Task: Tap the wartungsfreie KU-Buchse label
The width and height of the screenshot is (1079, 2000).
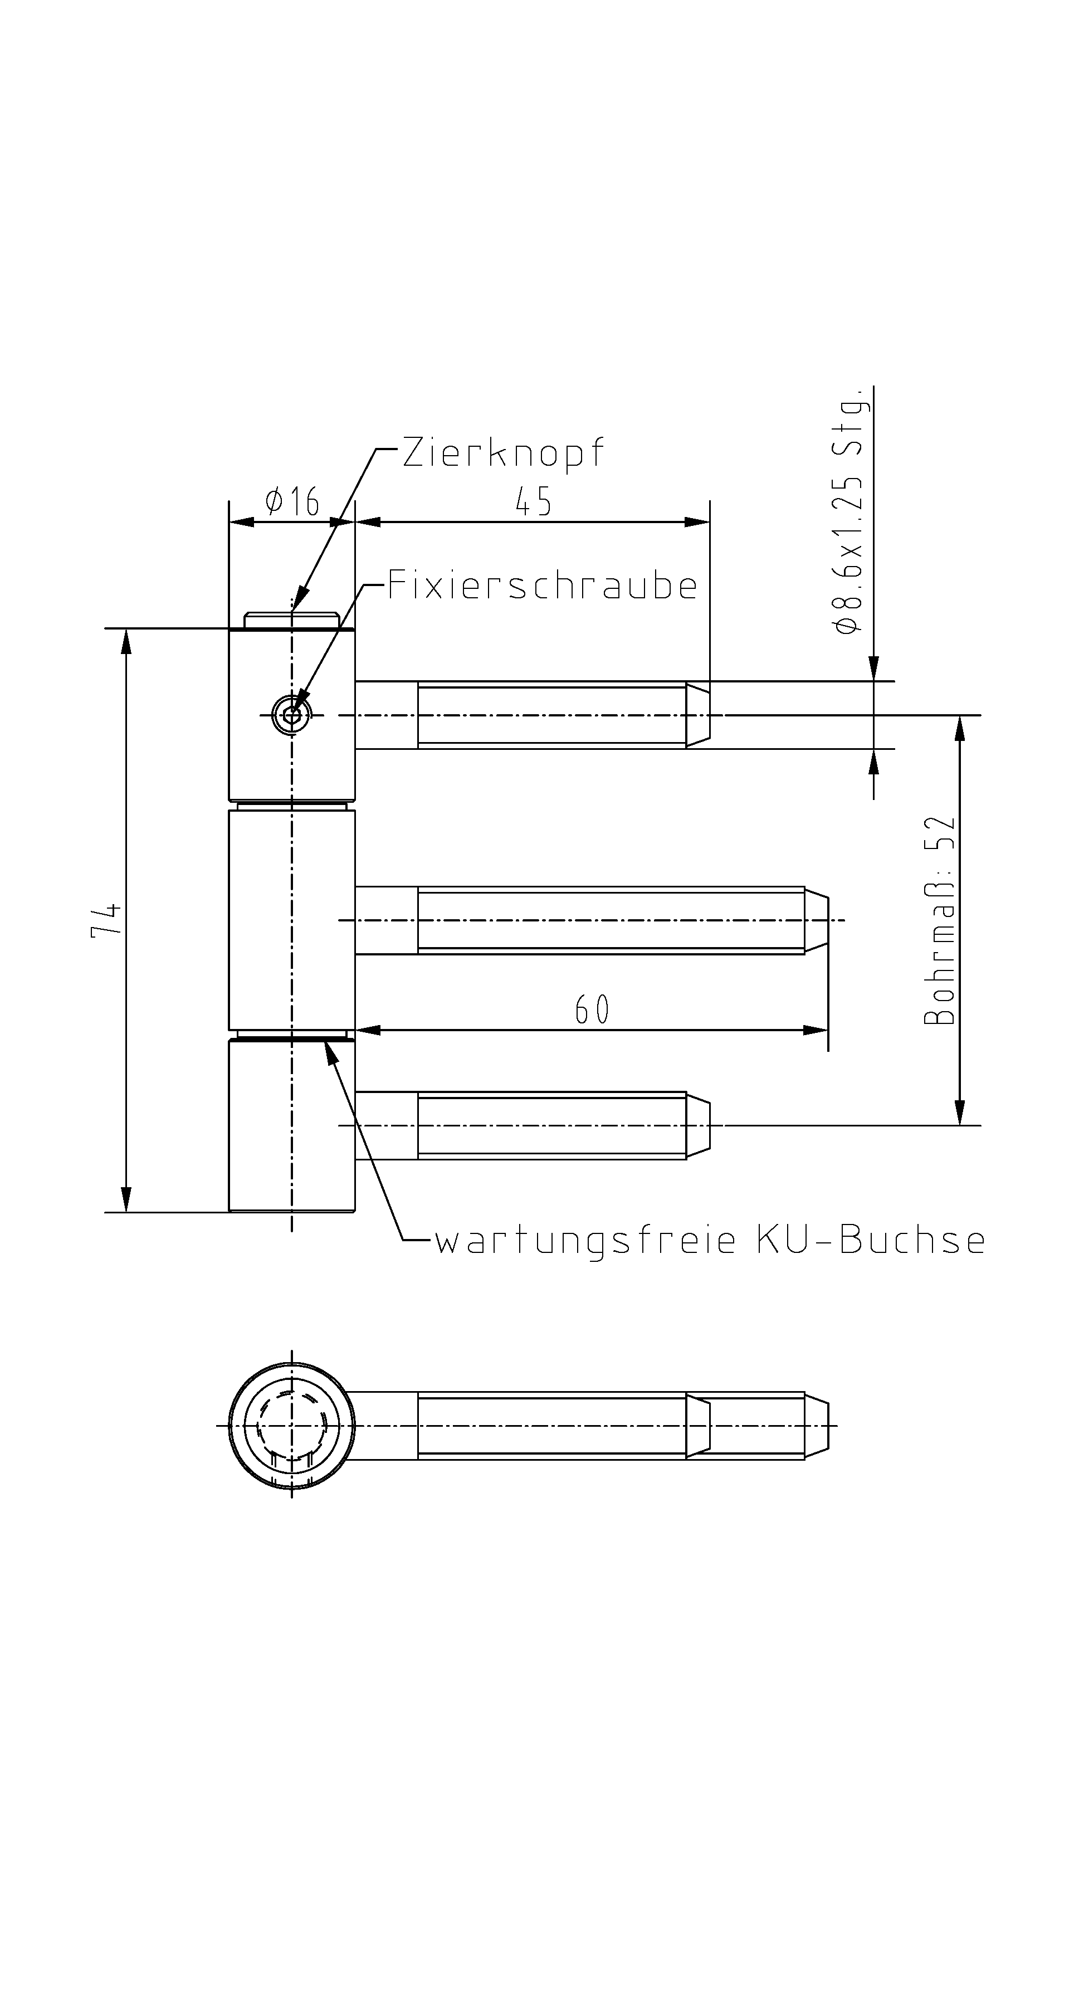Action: coord(710,1240)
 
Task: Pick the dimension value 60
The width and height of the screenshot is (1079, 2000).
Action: coord(592,1009)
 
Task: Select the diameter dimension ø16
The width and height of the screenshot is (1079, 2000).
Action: coord(292,501)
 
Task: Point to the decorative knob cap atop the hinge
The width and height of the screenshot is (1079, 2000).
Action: coord(292,621)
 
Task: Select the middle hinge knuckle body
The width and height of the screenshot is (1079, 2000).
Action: coord(292,920)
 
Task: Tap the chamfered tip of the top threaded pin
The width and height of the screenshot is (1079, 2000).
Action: coord(698,714)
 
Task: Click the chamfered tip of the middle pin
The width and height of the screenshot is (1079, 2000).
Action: coord(817,920)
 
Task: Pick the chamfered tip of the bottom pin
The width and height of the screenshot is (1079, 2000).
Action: coord(698,1125)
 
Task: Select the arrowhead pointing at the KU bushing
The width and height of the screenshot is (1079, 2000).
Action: coord(331,1052)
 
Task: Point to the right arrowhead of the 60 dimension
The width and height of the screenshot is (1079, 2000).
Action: coord(815,1030)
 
